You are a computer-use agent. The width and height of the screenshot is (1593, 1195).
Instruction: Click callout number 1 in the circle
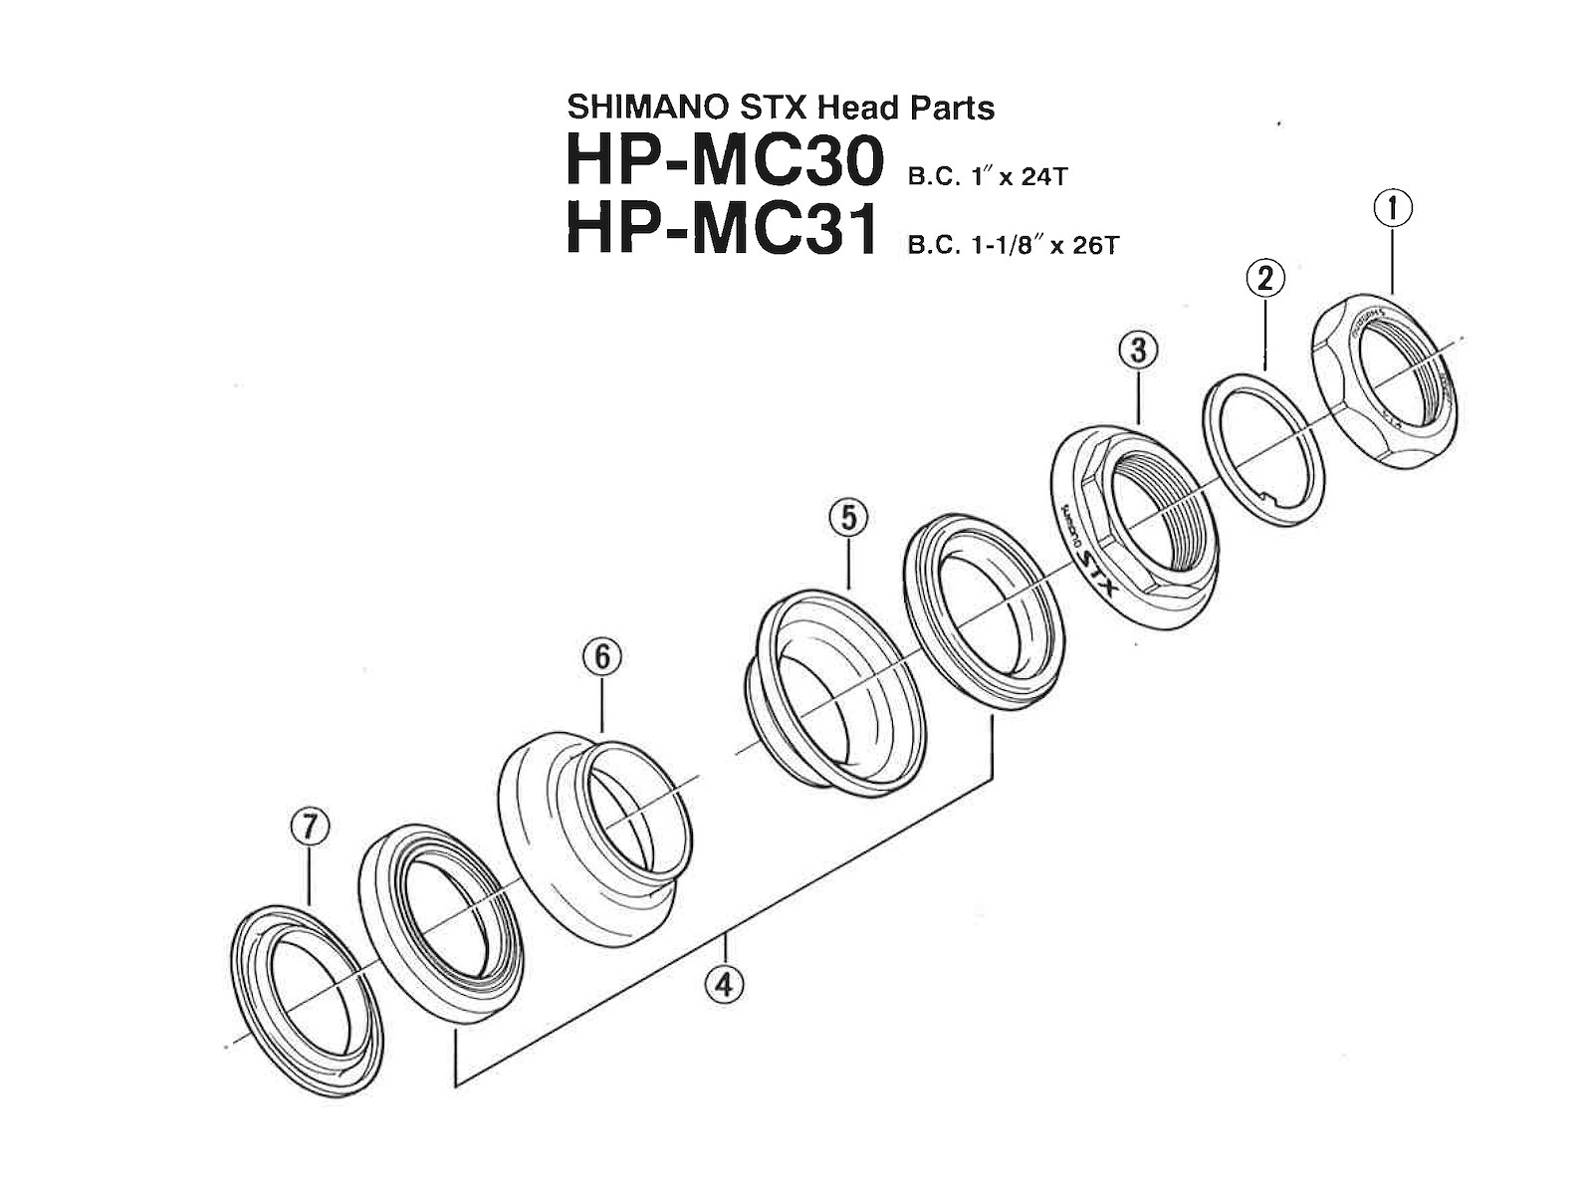point(1394,209)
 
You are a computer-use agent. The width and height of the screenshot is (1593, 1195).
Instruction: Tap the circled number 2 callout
point(1264,280)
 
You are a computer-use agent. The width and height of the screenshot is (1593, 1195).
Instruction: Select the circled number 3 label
point(1137,351)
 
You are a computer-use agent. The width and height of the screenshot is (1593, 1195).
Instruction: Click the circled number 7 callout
point(309,827)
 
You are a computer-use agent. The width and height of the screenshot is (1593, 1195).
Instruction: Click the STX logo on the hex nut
point(1098,578)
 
